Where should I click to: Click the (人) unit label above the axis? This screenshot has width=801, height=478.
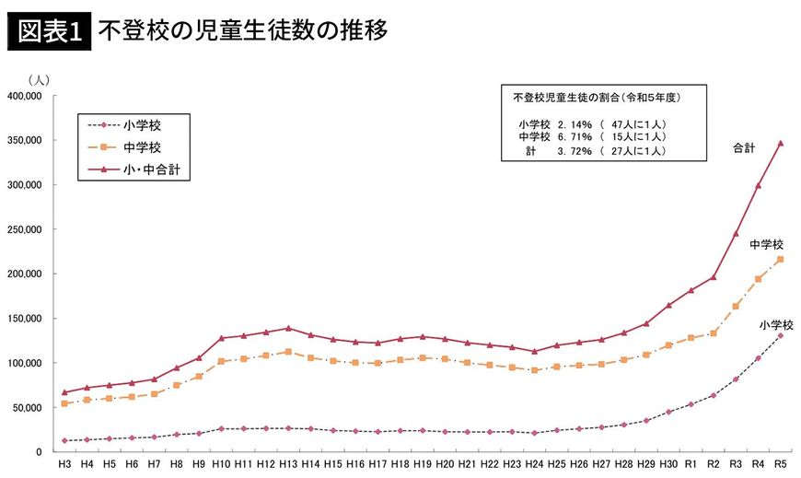(x=39, y=80)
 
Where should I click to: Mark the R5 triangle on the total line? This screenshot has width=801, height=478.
(x=780, y=143)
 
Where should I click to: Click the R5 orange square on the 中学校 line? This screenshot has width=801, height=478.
(x=780, y=260)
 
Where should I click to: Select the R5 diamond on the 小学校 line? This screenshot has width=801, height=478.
(x=780, y=335)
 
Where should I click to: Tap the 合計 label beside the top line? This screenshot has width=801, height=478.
(x=744, y=147)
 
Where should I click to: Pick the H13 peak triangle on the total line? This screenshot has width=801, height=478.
(x=288, y=328)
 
